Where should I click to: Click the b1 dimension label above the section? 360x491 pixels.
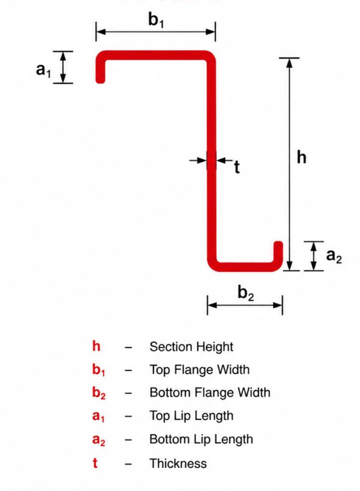pos(156,20)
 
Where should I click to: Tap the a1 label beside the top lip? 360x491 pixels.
pos(43,70)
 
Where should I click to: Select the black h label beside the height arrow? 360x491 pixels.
pos(302,157)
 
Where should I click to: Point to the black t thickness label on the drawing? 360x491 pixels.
pos(237,167)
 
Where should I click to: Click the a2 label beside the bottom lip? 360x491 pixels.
pos(334,256)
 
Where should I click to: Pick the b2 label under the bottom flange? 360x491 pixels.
pos(246,293)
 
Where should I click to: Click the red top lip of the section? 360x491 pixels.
pos(100,70)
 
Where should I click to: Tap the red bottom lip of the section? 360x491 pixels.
pos(279,251)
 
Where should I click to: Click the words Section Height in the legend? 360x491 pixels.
pos(191,347)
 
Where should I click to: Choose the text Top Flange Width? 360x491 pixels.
pos(199,370)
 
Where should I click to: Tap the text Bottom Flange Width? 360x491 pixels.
pos(210,393)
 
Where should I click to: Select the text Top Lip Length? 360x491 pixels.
pos(191,416)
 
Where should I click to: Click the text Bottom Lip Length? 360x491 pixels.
pos(201,439)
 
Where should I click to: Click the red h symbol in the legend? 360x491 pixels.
pos(96,346)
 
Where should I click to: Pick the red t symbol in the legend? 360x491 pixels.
pos(95,463)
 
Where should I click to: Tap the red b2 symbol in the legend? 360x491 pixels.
pos(99,393)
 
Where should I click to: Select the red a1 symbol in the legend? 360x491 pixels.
pos(99,417)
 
